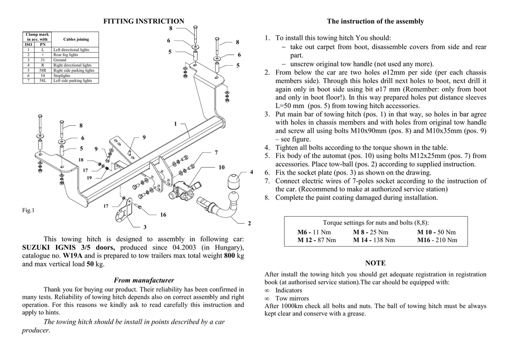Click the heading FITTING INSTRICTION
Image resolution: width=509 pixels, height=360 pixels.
click(143, 21)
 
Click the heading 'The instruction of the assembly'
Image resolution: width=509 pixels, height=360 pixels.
click(375, 21)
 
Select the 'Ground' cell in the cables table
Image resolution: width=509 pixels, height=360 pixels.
click(59, 60)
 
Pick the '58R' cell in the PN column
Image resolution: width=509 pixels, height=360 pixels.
click(43, 70)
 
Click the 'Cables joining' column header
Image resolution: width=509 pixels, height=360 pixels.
click(76, 39)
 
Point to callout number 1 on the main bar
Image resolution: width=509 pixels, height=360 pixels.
click(175, 123)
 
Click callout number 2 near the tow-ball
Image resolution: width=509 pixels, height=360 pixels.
click(249, 223)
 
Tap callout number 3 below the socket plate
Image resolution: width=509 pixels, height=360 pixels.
click(145, 227)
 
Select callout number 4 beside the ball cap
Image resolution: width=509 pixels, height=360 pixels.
click(252, 172)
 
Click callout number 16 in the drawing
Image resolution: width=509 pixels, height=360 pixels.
click(163, 215)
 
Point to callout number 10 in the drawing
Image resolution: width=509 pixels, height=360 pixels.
click(222, 167)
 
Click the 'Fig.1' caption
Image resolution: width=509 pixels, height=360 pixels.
click(28, 210)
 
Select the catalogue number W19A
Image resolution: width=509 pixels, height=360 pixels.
click(72, 256)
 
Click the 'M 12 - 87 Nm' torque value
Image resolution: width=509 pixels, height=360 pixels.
click(317, 240)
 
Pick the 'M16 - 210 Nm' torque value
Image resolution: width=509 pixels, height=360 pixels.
click(437, 240)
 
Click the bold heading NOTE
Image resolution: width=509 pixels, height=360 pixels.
click(375, 263)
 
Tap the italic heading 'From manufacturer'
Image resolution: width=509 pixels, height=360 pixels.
click(144, 280)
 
